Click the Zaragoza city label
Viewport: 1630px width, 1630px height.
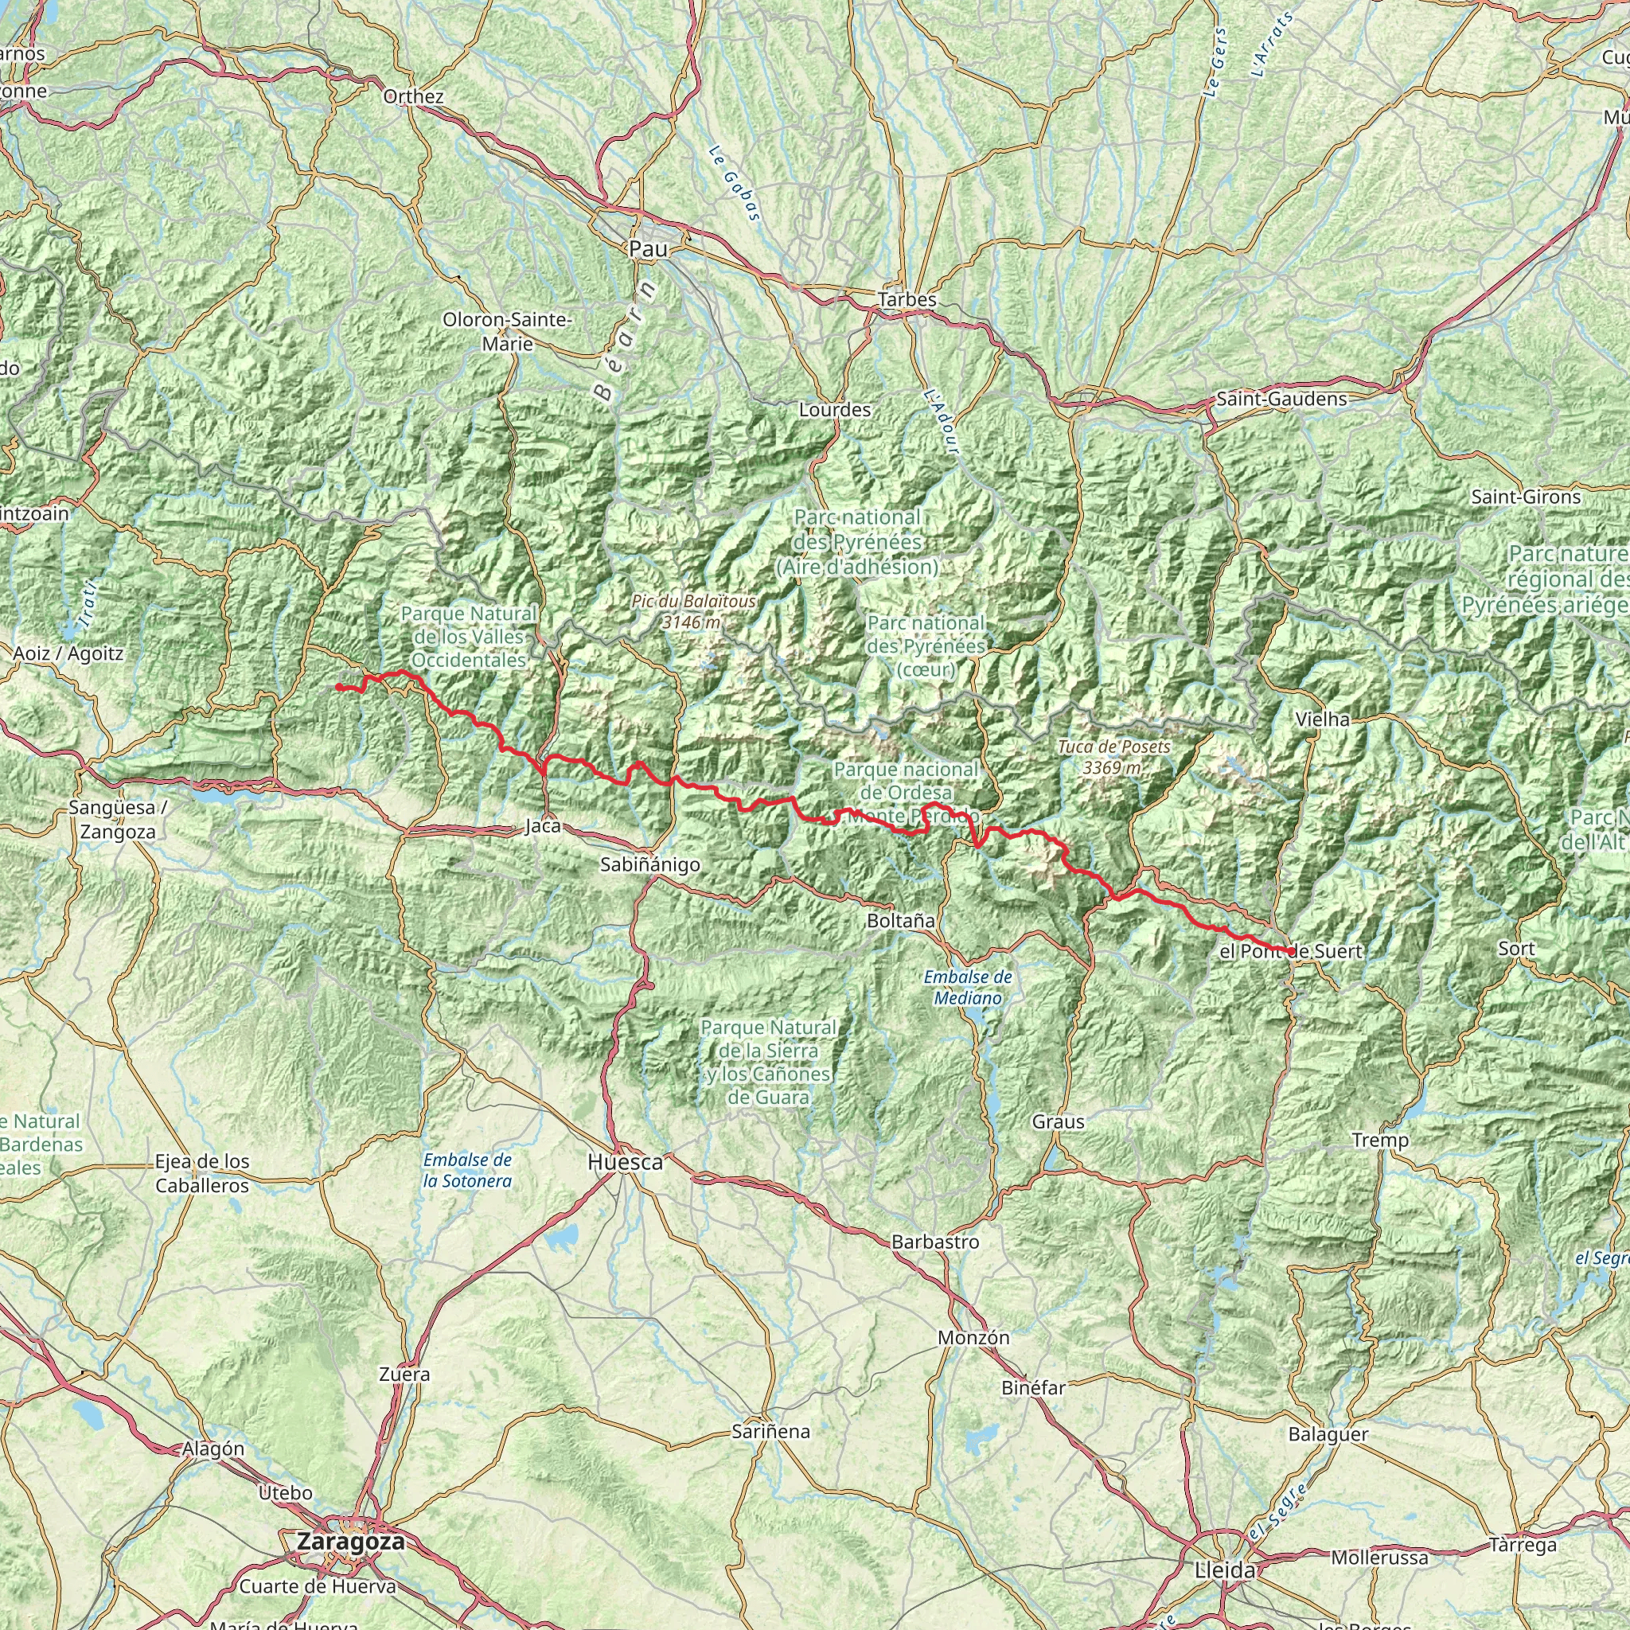pos(349,1542)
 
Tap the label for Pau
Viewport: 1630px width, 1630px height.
pos(648,249)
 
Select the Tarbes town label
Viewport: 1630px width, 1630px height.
pos(907,299)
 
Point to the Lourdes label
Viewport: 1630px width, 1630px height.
pos(834,410)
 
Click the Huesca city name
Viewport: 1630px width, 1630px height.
pos(625,1163)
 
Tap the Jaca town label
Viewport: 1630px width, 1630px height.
pos(543,826)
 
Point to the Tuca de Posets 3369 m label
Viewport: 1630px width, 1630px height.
pos(1114,757)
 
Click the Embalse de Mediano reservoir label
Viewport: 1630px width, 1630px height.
pos(967,987)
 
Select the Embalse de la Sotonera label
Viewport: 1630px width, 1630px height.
pos(467,1170)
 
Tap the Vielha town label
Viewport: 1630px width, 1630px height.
pos(1322,719)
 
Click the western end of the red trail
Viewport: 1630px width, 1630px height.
pos(337,687)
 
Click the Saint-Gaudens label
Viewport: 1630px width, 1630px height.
pos(1281,399)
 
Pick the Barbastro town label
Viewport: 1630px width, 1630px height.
pos(935,1242)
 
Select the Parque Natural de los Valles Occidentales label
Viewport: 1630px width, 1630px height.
pos(468,637)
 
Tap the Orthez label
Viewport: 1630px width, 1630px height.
pos(412,96)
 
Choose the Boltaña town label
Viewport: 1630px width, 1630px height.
pos(900,922)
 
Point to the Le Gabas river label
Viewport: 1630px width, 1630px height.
pos(734,184)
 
